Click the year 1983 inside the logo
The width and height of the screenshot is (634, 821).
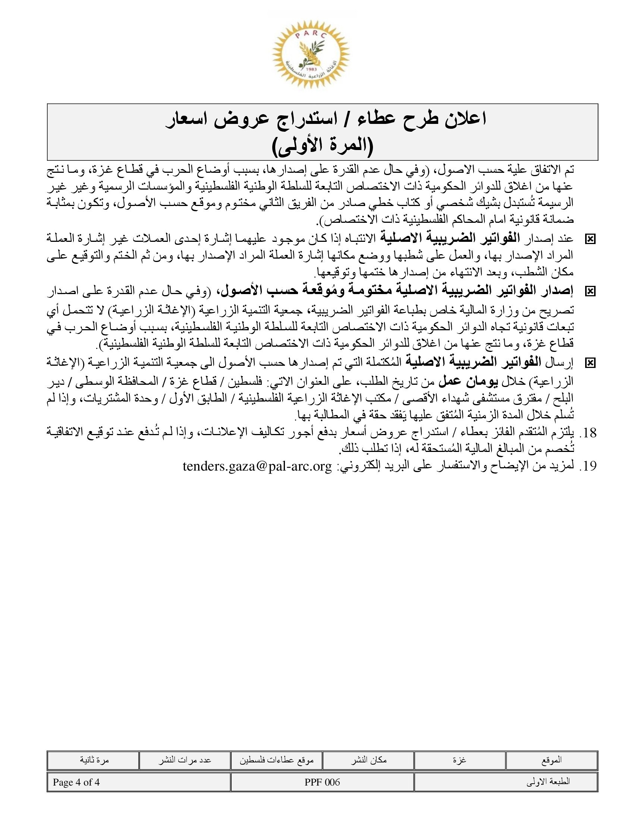coord(311,70)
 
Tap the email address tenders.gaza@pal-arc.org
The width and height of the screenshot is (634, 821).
coord(257,466)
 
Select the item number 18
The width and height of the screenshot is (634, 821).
coord(588,433)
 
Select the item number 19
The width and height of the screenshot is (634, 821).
coord(588,466)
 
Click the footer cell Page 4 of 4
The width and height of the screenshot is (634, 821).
coord(76,783)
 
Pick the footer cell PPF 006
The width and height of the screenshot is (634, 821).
coord(322,783)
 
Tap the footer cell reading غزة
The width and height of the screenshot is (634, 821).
coord(460,760)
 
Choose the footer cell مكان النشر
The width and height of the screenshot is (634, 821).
coord(368,760)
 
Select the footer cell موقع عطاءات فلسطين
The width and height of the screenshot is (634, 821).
coord(277,760)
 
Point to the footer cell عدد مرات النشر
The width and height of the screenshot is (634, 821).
coord(185,760)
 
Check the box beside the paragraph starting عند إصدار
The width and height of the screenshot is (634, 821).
coord(590,239)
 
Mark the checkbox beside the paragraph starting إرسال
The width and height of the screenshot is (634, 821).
coord(590,363)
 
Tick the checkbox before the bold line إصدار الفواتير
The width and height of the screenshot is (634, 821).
coord(590,291)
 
